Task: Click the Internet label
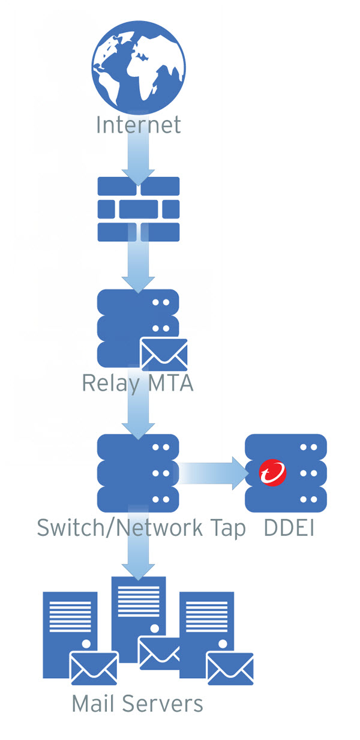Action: click(138, 125)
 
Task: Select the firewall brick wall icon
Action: click(138, 208)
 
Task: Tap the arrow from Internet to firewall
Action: click(138, 157)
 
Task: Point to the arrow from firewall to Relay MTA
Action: click(138, 264)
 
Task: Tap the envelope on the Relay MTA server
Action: click(163, 354)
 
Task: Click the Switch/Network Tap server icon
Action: click(138, 473)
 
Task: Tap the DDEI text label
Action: click(289, 528)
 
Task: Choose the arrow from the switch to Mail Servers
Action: click(138, 555)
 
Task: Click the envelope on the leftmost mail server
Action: click(94, 667)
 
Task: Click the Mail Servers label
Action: click(137, 703)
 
